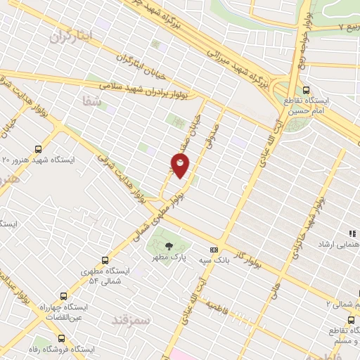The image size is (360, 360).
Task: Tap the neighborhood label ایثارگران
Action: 71,37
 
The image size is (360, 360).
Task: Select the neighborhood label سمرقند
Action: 131,320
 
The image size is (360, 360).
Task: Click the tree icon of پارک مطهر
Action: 169,246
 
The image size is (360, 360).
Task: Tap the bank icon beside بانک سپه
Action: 214,250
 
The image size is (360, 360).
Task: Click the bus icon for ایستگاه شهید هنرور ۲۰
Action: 38,149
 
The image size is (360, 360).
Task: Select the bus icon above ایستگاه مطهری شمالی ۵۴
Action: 105,260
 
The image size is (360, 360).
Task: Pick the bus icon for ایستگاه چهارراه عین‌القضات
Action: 64,297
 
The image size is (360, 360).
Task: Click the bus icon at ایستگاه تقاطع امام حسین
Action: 306,90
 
